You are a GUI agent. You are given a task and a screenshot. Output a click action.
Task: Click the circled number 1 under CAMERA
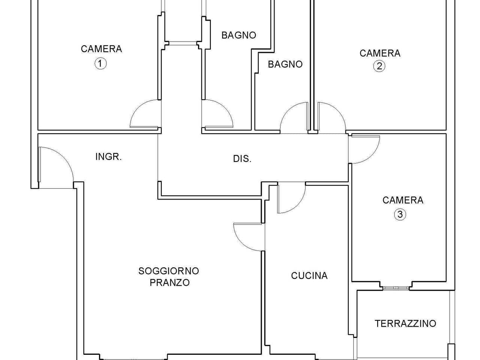click(100, 64)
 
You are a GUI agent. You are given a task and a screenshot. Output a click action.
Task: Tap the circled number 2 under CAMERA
click(379, 66)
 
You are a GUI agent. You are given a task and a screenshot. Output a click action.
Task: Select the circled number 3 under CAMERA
click(400, 214)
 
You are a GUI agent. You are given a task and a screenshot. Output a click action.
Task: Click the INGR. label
click(109, 157)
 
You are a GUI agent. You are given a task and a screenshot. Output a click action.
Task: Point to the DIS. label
click(242, 159)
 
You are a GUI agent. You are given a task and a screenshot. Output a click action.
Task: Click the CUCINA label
click(309, 276)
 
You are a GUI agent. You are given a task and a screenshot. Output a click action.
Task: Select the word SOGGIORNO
click(169, 271)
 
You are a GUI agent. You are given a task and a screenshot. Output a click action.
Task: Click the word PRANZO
click(170, 282)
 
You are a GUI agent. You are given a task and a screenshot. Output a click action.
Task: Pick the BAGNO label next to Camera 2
click(285, 64)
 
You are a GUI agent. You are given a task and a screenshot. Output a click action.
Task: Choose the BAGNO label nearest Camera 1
click(239, 35)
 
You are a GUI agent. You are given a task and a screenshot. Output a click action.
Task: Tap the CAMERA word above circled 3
click(403, 200)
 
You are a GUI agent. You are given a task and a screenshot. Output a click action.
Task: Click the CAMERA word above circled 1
click(102, 49)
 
